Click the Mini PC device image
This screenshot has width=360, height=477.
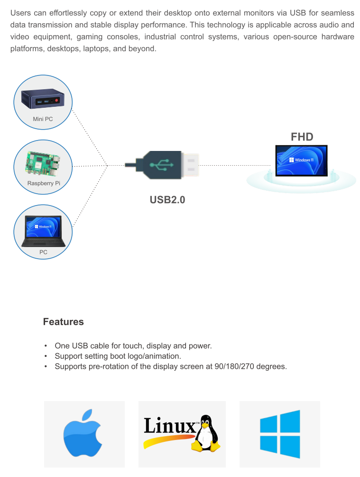pyautogui.click(x=43, y=98)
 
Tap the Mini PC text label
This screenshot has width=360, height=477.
pyautogui.click(x=43, y=119)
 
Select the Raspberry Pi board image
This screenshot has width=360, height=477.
pyautogui.click(x=43, y=164)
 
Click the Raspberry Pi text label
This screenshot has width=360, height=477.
pyautogui.click(x=44, y=183)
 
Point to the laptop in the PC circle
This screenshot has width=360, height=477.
pyautogui.click(x=44, y=231)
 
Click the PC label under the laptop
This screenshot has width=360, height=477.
pyautogui.click(x=43, y=252)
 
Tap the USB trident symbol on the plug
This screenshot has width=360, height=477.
pyautogui.click(x=161, y=165)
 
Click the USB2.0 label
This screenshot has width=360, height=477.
pyautogui.click(x=167, y=199)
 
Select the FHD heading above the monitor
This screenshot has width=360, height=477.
pyautogui.click(x=302, y=137)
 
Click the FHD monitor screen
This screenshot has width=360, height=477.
pyautogui.click(x=301, y=160)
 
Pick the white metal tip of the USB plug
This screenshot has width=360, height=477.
pyautogui.click(x=190, y=165)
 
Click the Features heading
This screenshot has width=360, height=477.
pyautogui.click(x=63, y=321)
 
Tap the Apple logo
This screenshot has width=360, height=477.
pyautogui.click(x=83, y=433)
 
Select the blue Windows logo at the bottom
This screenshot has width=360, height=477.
pyautogui.click(x=280, y=434)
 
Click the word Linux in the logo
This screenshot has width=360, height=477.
pyautogui.click(x=170, y=425)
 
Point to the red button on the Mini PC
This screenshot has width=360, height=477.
pyautogui.click(x=57, y=100)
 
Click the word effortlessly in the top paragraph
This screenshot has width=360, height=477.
pyautogui.click(x=68, y=13)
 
